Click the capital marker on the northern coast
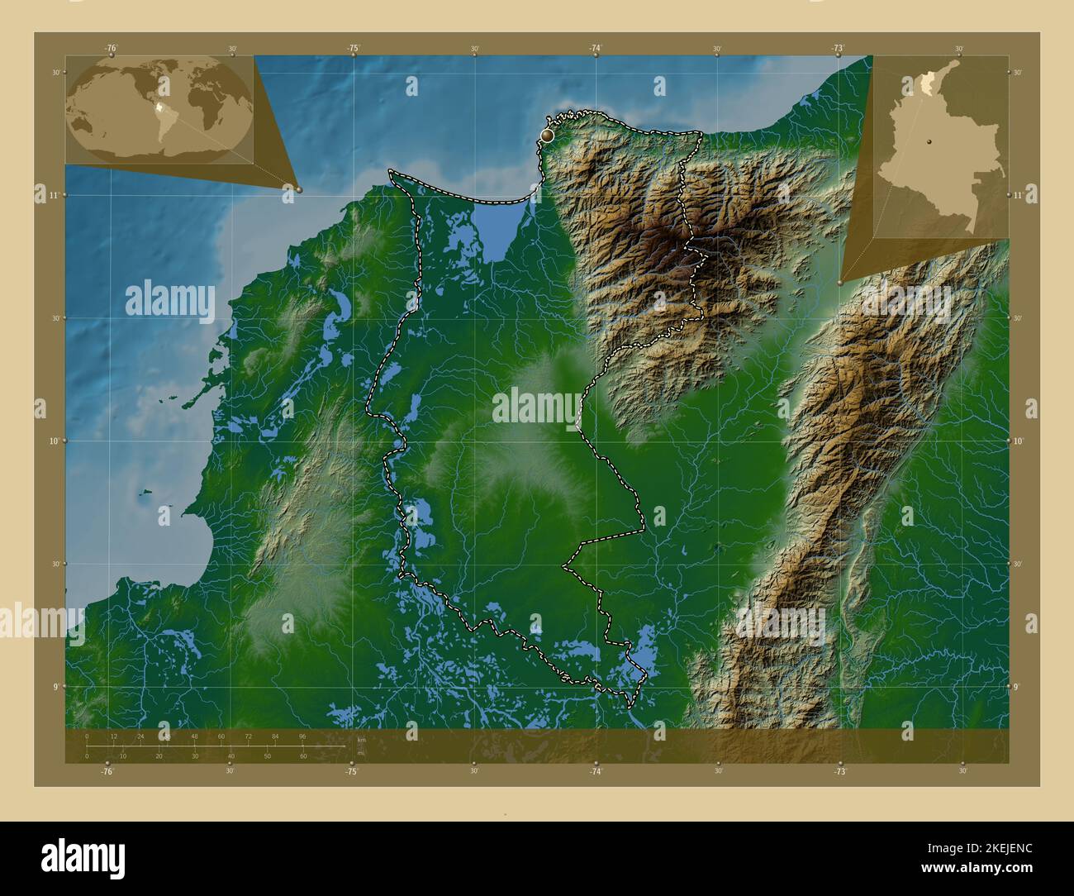pos(547,133)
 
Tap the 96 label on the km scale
pos(302,736)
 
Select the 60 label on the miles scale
pos(303,756)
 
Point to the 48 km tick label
pos(195,736)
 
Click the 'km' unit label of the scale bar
pos(361,740)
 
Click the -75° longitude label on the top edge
pos(353,49)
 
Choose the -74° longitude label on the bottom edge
pos(596,771)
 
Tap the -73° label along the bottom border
pos(839,771)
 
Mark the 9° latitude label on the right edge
pos(1019,686)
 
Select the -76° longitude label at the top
pos(111,49)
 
